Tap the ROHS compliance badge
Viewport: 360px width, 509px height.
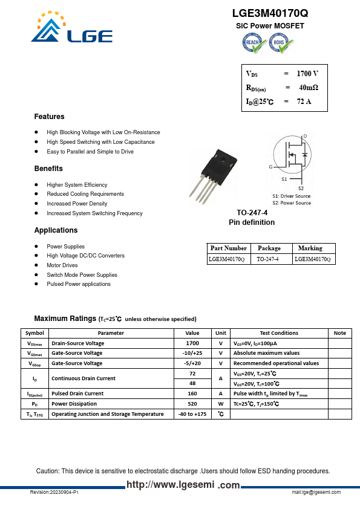click(x=281, y=43)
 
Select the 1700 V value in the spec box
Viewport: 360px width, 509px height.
click(x=307, y=74)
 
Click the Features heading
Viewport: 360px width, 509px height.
click(x=49, y=117)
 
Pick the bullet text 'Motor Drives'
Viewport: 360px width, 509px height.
click(x=62, y=265)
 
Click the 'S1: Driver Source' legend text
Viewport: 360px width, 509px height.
click(x=292, y=196)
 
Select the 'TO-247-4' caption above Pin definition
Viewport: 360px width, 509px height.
click(x=251, y=213)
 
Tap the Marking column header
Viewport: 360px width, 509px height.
click(x=310, y=248)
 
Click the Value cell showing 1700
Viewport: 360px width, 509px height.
click(x=192, y=343)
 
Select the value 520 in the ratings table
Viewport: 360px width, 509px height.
click(x=192, y=404)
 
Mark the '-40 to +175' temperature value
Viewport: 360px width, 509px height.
click(x=192, y=414)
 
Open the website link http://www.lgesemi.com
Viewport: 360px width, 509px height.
click(x=183, y=485)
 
